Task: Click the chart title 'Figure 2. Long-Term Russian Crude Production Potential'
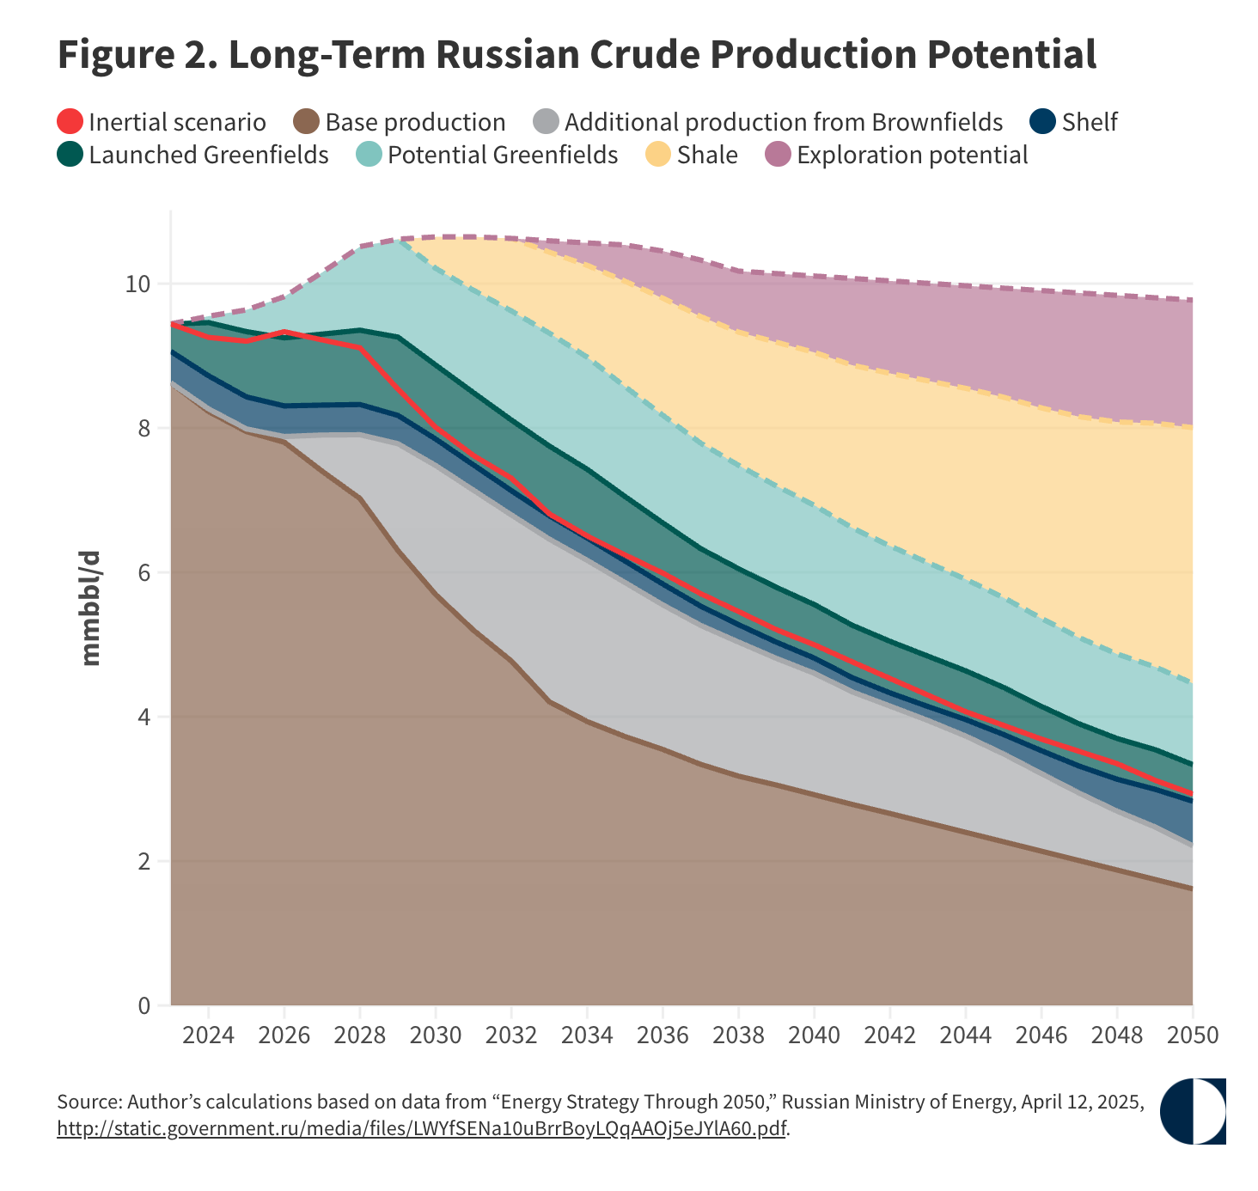point(577,55)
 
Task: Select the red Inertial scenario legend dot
point(70,122)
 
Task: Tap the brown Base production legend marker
point(307,122)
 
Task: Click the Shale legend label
point(706,156)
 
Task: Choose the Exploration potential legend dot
point(778,156)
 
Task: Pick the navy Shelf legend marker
point(1043,122)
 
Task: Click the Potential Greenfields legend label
point(502,156)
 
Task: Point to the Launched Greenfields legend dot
point(70,156)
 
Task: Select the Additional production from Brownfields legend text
point(783,122)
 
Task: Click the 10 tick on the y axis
point(137,284)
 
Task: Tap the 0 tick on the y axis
point(143,1005)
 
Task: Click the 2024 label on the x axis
point(209,1035)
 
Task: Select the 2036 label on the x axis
point(663,1035)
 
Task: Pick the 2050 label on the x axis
point(1192,1035)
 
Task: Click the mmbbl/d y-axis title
point(91,608)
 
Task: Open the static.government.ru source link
point(421,1128)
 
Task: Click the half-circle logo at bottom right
point(1193,1111)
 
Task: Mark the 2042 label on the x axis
point(889,1035)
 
